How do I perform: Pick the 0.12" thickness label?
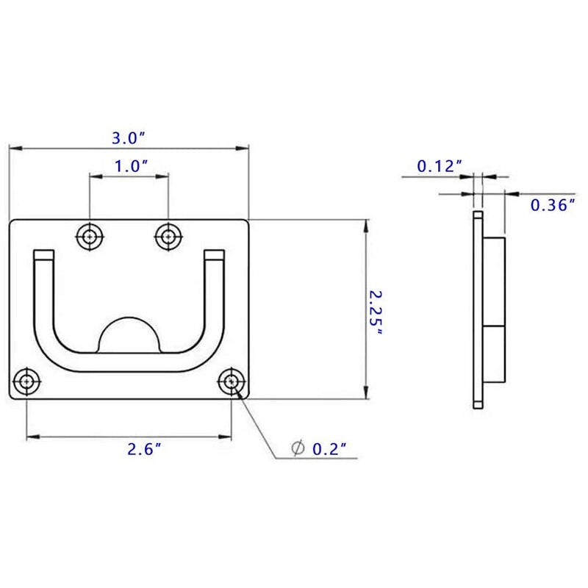click(x=439, y=166)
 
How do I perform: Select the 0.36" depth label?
click(x=552, y=205)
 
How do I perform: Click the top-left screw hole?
click(x=90, y=236)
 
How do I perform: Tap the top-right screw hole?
click(x=168, y=236)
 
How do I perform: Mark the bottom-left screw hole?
click(x=26, y=381)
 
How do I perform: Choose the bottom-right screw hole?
click(x=232, y=381)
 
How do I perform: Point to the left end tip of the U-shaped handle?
click(x=43, y=255)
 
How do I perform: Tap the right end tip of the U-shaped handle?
click(x=214, y=255)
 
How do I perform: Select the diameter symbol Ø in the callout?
click(x=298, y=448)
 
